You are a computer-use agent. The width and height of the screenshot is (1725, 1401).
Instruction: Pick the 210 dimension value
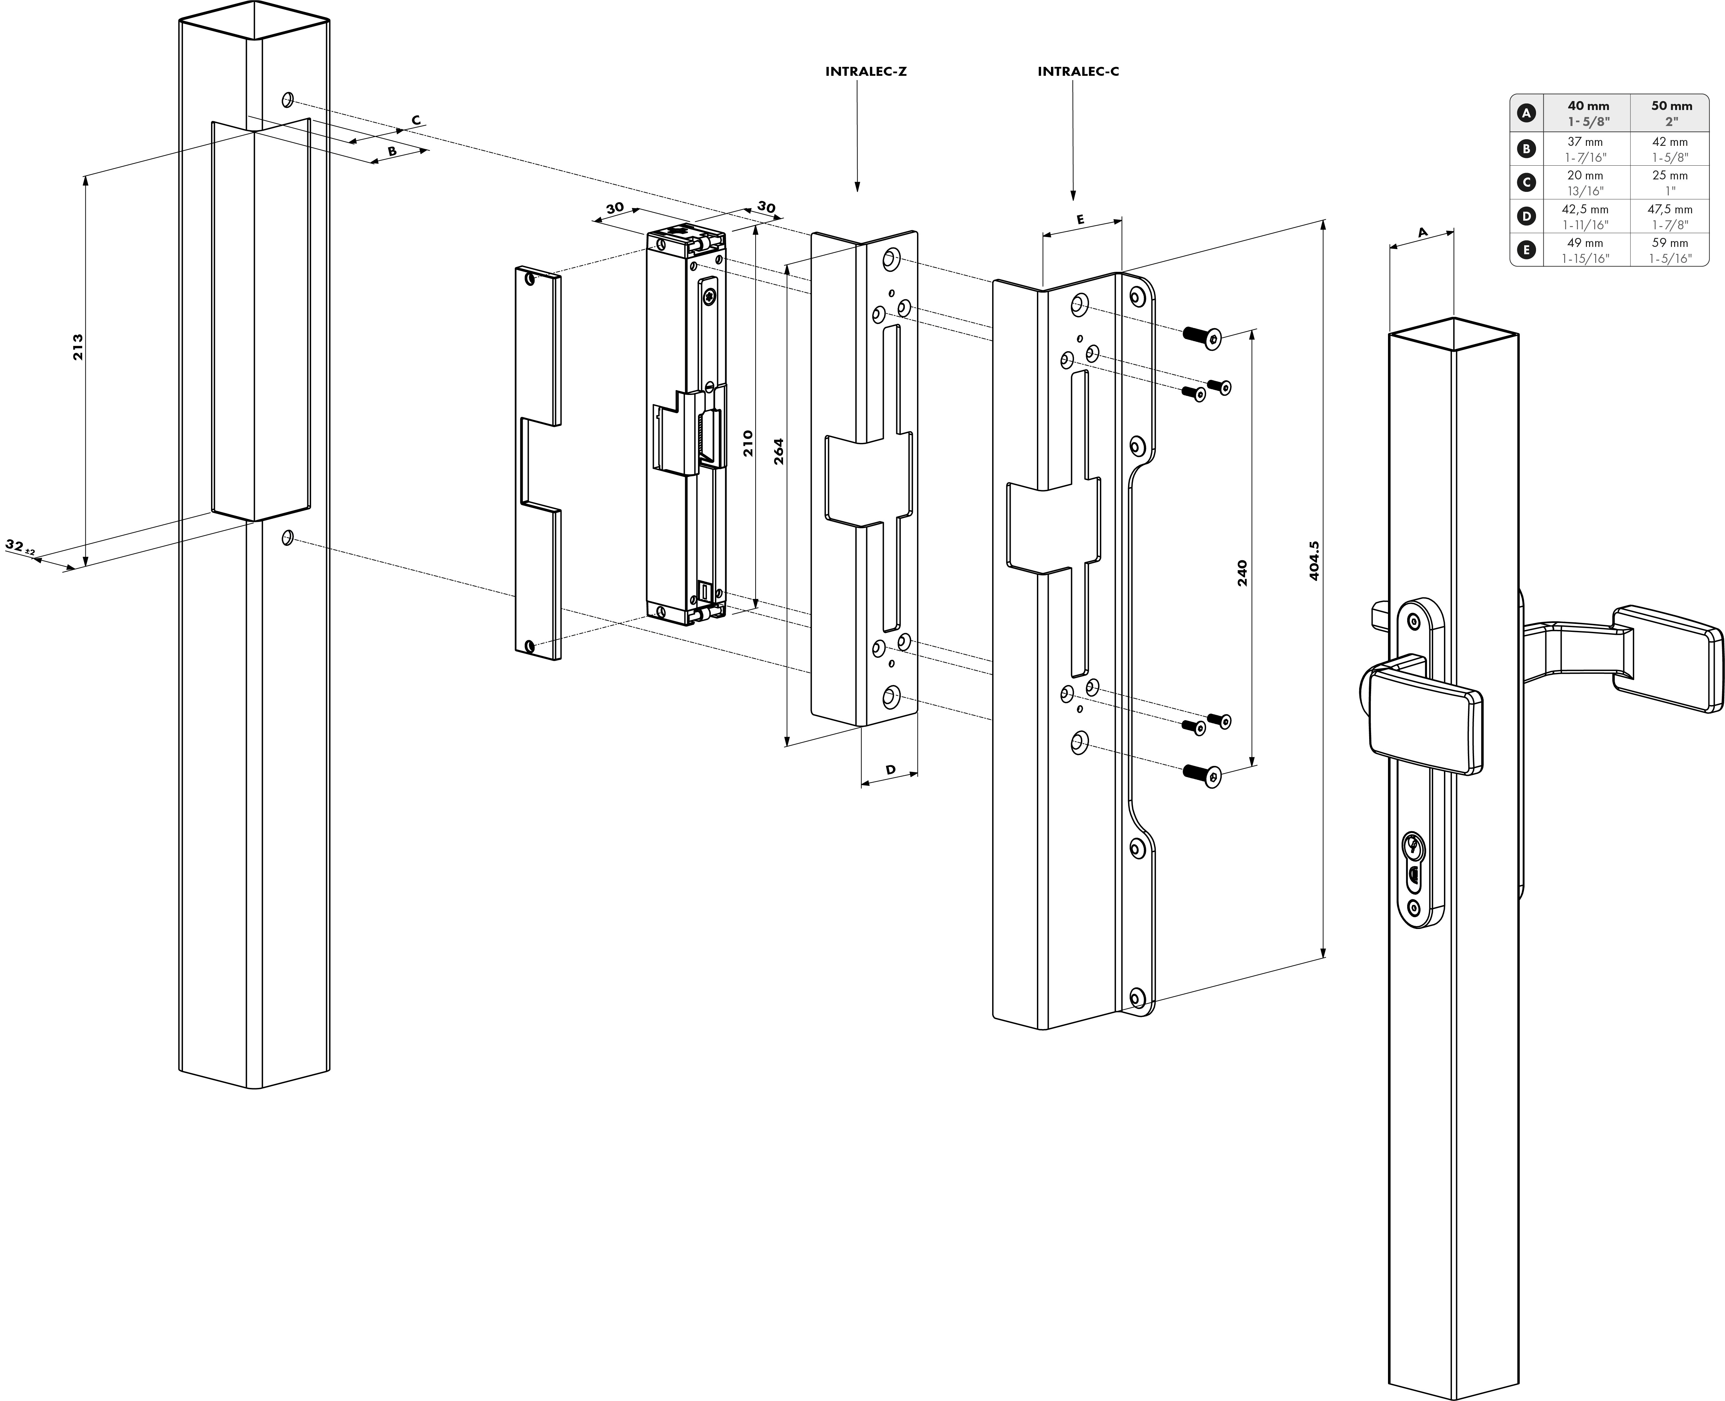coord(748,444)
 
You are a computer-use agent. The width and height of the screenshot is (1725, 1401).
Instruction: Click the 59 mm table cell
coord(1670,243)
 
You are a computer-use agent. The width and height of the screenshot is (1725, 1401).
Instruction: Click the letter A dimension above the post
coord(1423,232)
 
